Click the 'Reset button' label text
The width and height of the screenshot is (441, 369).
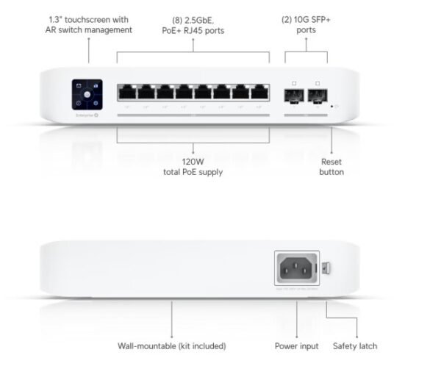(331, 166)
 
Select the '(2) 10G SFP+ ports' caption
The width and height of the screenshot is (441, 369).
(307, 25)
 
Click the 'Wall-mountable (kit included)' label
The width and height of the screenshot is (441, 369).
(171, 345)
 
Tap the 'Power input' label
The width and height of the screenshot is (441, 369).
(296, 345)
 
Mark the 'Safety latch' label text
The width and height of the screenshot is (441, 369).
(356, 345)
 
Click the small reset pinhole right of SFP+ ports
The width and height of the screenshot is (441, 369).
(333, 106)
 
